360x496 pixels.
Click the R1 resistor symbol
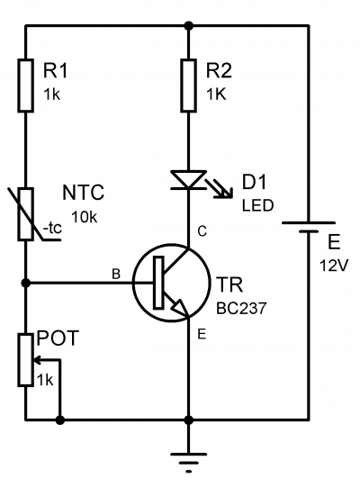pos(25,86)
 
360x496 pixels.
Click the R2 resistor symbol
pos(188,86)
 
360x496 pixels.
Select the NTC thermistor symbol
pos(25,214)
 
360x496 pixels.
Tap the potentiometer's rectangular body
pos(25,360)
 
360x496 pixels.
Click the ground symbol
pos(188,463)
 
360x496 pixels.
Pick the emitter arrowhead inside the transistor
pos(178,307)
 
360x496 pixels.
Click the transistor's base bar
pos(158,283)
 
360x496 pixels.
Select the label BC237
pos(241,308)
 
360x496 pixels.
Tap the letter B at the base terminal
pos(116,274)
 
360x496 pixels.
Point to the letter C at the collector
pos(202,231)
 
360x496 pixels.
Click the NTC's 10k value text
pos(85,217)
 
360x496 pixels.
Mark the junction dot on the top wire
pos(188,25)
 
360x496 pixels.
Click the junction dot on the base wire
pos(25,283)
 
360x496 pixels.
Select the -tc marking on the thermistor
pos(52,229)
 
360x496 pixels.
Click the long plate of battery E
pos(308,223)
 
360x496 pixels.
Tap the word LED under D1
pos(257,205)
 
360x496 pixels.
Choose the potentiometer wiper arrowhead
pos(37,360)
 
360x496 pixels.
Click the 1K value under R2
pos(216,95)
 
